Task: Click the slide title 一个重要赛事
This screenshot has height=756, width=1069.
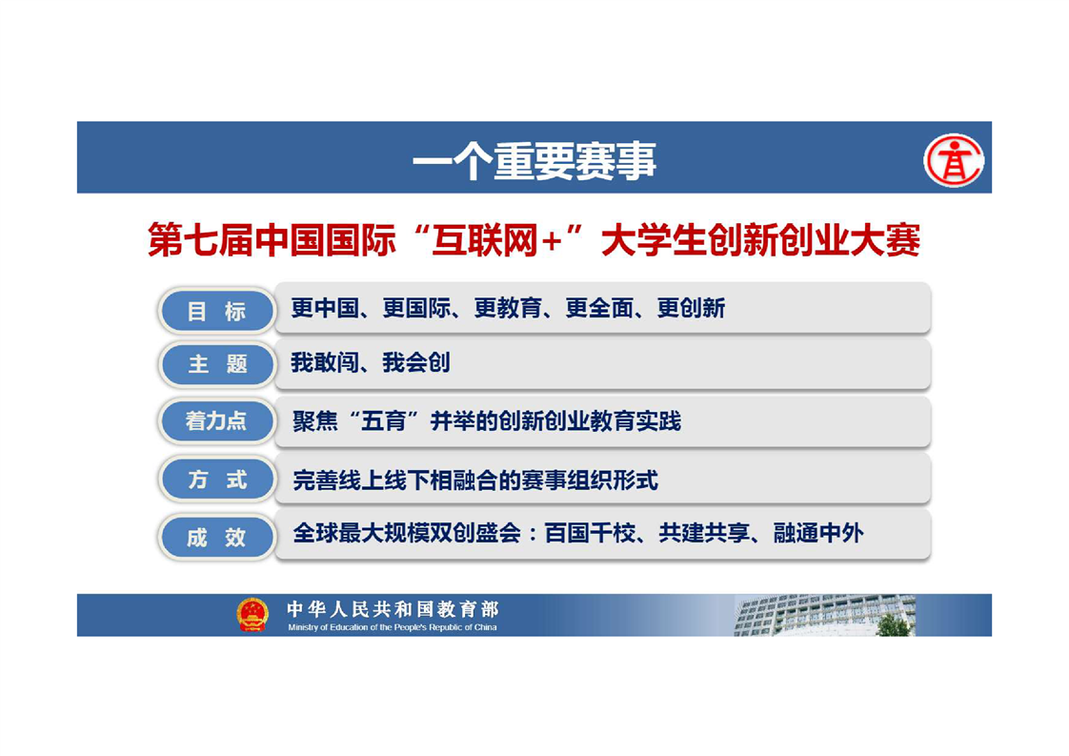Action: (x=534, y=161)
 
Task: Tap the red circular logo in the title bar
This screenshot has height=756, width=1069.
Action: (x=953, y=160)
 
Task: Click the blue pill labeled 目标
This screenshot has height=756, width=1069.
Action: (x=217, y=311)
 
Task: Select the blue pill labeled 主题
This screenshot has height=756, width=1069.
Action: (x=217, y=363)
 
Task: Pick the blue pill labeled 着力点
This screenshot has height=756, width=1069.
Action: (x=217, y=421)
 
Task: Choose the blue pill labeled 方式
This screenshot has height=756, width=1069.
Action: (x=217, y=479)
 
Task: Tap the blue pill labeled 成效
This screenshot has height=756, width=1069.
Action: (x=217, y=537)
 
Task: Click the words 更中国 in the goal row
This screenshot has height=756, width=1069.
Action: (x=325, y=308)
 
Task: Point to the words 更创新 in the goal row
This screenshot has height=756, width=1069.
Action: (x=691, y=308)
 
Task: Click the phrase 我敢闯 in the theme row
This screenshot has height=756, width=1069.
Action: (x=325, y=362)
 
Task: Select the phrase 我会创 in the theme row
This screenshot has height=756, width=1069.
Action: (x=415, y=362)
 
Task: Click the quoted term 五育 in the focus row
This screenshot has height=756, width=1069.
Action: (x=384, y=421)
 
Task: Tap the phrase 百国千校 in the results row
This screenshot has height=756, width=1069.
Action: (x=590, y=533)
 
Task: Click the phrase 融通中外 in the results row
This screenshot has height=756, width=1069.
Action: (x=818, y=533)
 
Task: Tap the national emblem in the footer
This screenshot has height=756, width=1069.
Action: (x=252, y=614)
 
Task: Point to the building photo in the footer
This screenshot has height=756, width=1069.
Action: (x=825, y=615)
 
